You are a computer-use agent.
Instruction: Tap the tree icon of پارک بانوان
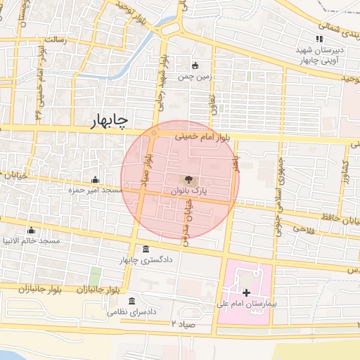coord(188,179)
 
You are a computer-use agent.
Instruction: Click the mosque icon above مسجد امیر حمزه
coord(95,179)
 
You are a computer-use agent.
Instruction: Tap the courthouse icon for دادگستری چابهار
coord(145,250)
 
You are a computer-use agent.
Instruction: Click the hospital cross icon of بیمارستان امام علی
coord(245,292)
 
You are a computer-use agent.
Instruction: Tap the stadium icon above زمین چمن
coord(195,65)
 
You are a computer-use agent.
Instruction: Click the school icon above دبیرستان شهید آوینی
coord(319,39)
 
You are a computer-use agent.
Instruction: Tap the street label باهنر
coord(238,164)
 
